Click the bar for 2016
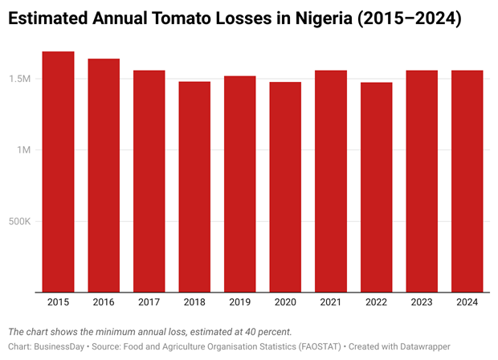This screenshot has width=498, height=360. click(x=104, y=174)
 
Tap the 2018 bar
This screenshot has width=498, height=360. click(x=194, y=186)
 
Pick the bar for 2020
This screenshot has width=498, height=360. click(x=285, y=186)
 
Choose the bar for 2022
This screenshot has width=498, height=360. click(x=376, y=186)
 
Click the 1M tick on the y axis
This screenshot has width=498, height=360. click(x=28, y=150)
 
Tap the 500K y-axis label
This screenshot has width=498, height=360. click(x=22, y=222)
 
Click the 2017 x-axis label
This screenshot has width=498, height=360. click(x=149, y=302)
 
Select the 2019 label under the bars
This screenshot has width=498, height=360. click(x=239, y=302)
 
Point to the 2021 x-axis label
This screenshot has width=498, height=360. click(x=331, y=302)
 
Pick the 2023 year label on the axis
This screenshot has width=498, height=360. click(x=422, y=302)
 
